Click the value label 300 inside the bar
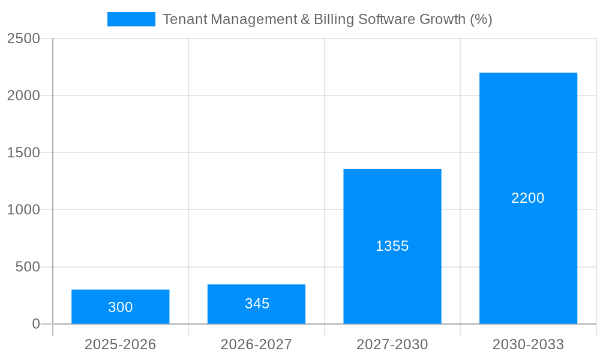[121, 307]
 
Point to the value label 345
[257, 304]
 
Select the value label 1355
[392, 246]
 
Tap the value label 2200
[528, 198]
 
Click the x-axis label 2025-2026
[120, 344]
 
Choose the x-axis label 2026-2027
[256, 344]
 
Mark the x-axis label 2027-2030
[392, 344]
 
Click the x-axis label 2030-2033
[528, 344]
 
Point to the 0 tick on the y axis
[35, 324]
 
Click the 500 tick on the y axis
[28, 267]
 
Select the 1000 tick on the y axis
[24, 210]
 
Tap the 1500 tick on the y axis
[24, 152]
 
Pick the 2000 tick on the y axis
[24, 95]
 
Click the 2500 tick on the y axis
[24, 38]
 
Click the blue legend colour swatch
[131, 19]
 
